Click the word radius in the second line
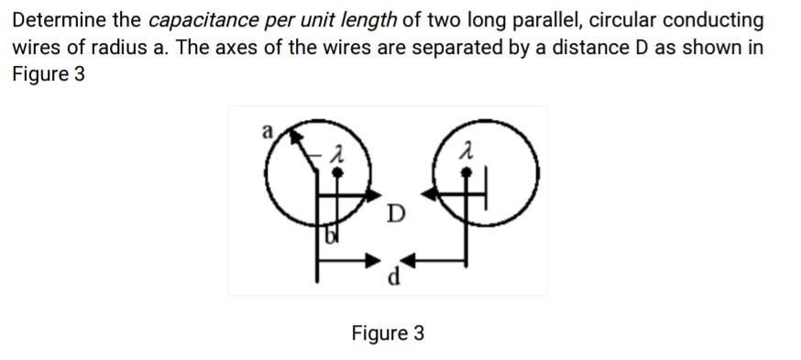pyautogui.click(x=95, y=48)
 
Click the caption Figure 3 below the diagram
pyautogui.click(x=388, y=333)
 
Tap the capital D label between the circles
pyautogui.click(x=394, y=214)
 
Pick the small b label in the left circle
pyautogui.click(x=330, y=238)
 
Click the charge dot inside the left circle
pyautogui.click(x=338, y=170)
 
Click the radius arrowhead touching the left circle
pyautogui.click(x=295, y=135)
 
